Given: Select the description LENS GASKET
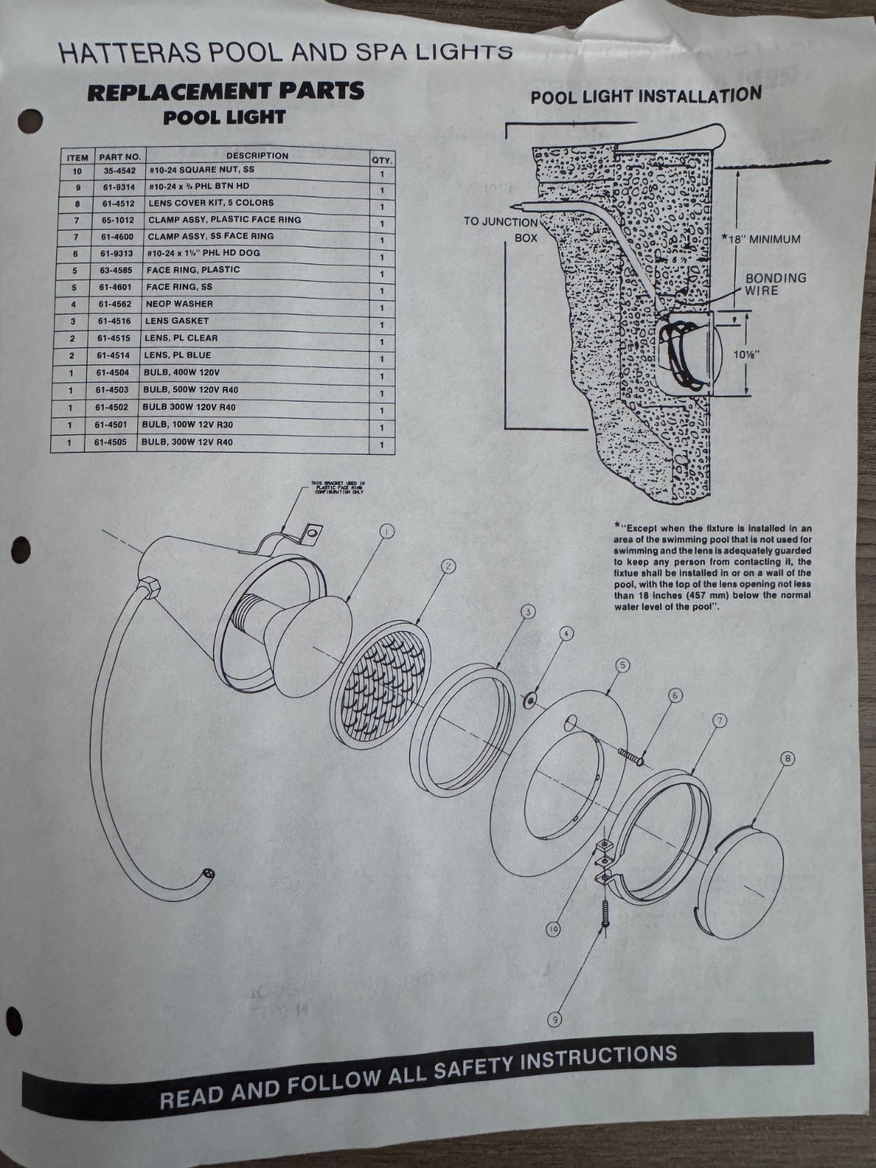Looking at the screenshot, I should pos(178,321).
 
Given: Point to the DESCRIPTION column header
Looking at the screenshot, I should pos(257,155).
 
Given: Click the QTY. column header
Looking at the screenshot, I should pos(381,160).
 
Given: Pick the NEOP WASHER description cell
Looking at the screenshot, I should pos(180,304).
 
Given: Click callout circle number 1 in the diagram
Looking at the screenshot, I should pos(387,531).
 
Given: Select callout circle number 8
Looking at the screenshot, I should pos(787,759).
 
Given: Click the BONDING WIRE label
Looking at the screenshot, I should pos(775,284).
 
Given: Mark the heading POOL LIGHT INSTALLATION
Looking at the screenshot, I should pos(645,96).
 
